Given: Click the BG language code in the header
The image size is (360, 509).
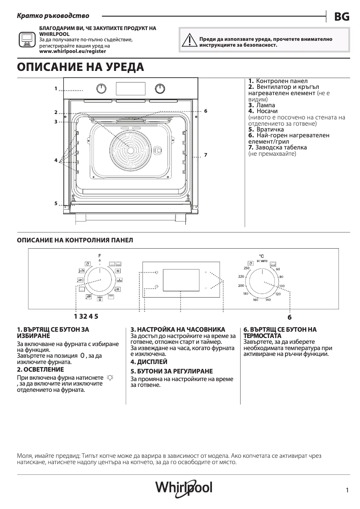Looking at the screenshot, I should tap(342, 17).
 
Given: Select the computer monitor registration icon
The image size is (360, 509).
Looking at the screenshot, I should tap(26, 40).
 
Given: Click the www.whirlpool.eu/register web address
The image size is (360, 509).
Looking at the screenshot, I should tap(73, 52).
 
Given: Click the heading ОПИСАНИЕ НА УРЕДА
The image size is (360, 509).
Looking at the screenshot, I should tap(80, 67).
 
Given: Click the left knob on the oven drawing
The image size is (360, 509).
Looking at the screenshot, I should tap(102, 88).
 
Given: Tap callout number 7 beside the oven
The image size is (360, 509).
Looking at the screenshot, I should tap(205, 155).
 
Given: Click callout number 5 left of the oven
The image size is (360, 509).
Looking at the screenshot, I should tap(56, 203).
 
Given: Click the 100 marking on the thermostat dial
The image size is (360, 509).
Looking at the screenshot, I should tap(281, 286).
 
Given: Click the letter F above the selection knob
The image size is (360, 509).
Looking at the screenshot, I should tap(100, 256).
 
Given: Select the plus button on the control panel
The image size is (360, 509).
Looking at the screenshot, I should tap(206, 272).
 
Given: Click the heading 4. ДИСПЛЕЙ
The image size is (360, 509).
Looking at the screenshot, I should tap(149, 361).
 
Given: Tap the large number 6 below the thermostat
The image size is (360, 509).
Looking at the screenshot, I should tap(290, 317).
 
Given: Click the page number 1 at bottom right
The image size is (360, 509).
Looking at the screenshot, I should tap(347, 490).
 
